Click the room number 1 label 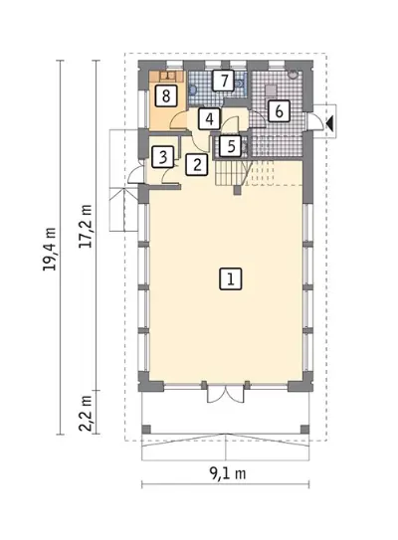coord(230,278)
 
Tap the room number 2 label coord(197,164)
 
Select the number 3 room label coord(163,157)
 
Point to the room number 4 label coord(209,118)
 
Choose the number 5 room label coord(231,146)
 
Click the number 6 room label coord(279,111)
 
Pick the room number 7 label coord(223,81)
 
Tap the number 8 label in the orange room coord(166,95)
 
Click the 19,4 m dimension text coord(50,249)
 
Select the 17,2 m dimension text coord(86,227)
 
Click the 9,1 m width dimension coord(228,474)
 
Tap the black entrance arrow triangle coord(329,122)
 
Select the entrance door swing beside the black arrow coord(315,121)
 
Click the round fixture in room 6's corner coord(293,75)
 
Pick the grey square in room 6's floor coord(271,90)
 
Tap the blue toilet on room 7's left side coord(192,90)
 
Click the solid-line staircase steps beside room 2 coord(231,173)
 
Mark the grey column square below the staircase coord(237,190)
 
